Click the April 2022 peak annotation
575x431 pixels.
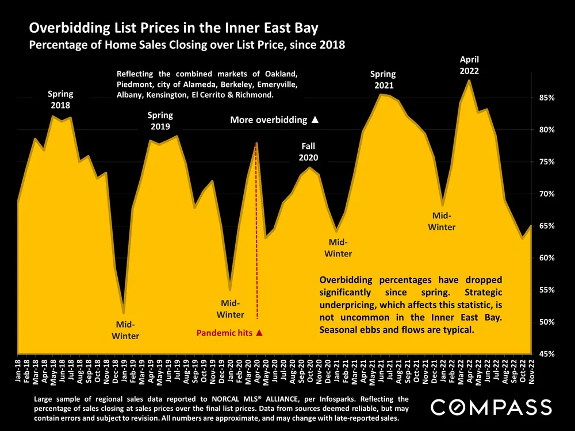tap(469, 65)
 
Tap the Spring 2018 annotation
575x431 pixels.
tap(60, 99)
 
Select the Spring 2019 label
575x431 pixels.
tap(160, 121)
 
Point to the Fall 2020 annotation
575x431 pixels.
tap(309, 152)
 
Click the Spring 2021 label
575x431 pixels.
tap(383, 80)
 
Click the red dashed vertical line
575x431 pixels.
tap(256, 230)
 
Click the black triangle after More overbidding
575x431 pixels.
tap(315, 120)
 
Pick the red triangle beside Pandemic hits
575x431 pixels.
tap(259, 333)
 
